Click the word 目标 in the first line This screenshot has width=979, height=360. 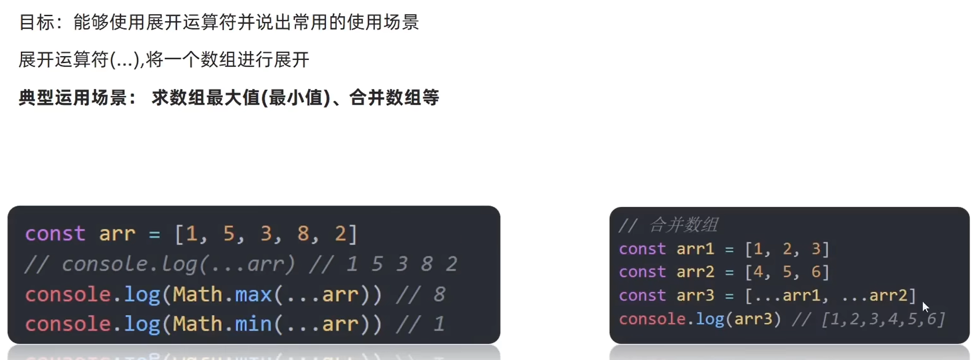coord(36,22)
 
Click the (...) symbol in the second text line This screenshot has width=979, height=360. coord(125,60)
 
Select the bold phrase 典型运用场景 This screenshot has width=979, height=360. coord(73,98)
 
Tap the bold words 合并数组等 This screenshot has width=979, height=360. coord(394,98)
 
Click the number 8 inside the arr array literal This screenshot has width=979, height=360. coord(303,234)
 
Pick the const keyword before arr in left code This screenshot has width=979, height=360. coord(55,234)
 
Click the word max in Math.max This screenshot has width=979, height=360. coord(253,295)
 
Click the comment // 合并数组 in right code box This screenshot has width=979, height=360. coord(668,225)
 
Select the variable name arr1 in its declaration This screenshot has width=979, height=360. coord(695,249)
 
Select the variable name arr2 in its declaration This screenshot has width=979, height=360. coord(695,272)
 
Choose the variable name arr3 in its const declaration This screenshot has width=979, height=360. coord(695,295)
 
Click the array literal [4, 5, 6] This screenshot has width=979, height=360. coord(787,272)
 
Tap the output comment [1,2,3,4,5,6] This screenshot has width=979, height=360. coord(883,319)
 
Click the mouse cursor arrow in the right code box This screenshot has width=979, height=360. coord(925,306)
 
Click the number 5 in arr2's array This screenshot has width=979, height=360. coord(787,272)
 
